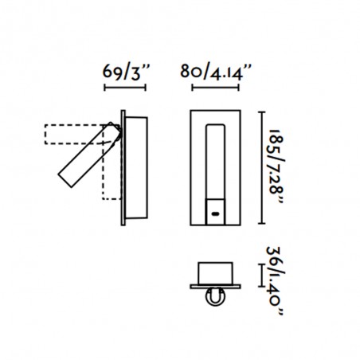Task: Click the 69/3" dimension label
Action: (125, 73)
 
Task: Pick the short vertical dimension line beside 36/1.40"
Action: (262, 276)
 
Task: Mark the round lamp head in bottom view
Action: (215, 299)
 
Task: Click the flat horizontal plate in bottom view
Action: (215, 285)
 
